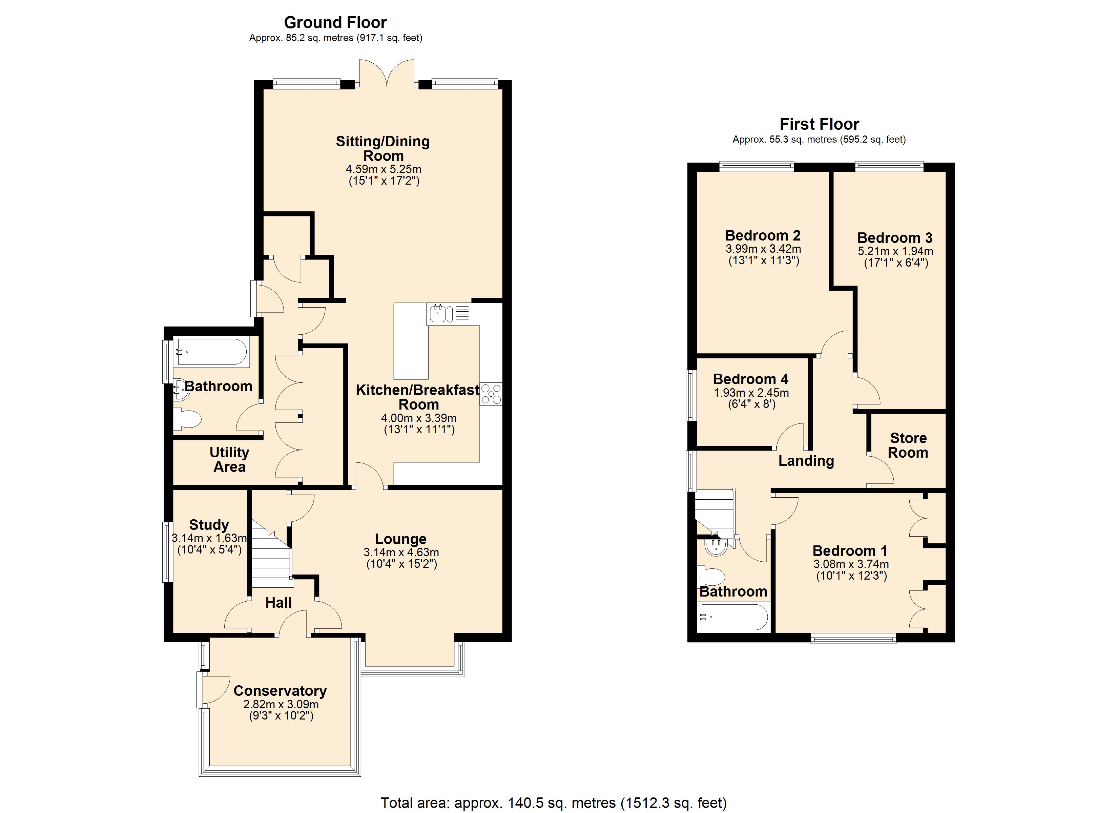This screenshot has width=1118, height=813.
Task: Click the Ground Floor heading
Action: (x=335, y=23)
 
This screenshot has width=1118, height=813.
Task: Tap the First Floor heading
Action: (x=819, y=124)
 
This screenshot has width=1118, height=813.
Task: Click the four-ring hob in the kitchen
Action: (x=491, y=394)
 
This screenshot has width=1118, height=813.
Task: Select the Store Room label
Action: (x=908, y=445)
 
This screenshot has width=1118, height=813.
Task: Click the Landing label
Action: (x=806, y=461)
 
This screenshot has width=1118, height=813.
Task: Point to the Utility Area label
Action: (x=229, y=459)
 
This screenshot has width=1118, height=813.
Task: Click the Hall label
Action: (x=278, y=603)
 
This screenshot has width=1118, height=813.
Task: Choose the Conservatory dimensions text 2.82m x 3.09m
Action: (x=281, y=705)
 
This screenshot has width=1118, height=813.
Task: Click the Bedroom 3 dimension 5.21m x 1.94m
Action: (x=895, y=251)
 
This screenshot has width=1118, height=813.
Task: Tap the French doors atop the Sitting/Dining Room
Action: (x=387, y=74)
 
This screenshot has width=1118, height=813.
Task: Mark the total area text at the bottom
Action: (x=553, y=802)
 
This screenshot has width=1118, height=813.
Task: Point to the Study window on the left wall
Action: (x=168, y=552)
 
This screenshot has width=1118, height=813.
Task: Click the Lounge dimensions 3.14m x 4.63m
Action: (x=401, y=553)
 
